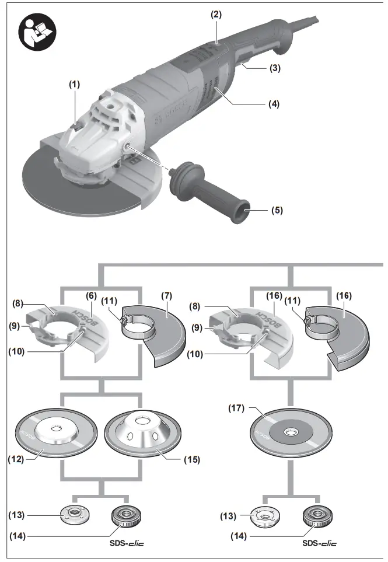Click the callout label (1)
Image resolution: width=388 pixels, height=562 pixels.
74,84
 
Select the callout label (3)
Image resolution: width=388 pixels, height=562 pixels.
275,68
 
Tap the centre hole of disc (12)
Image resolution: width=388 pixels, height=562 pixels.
55,430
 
